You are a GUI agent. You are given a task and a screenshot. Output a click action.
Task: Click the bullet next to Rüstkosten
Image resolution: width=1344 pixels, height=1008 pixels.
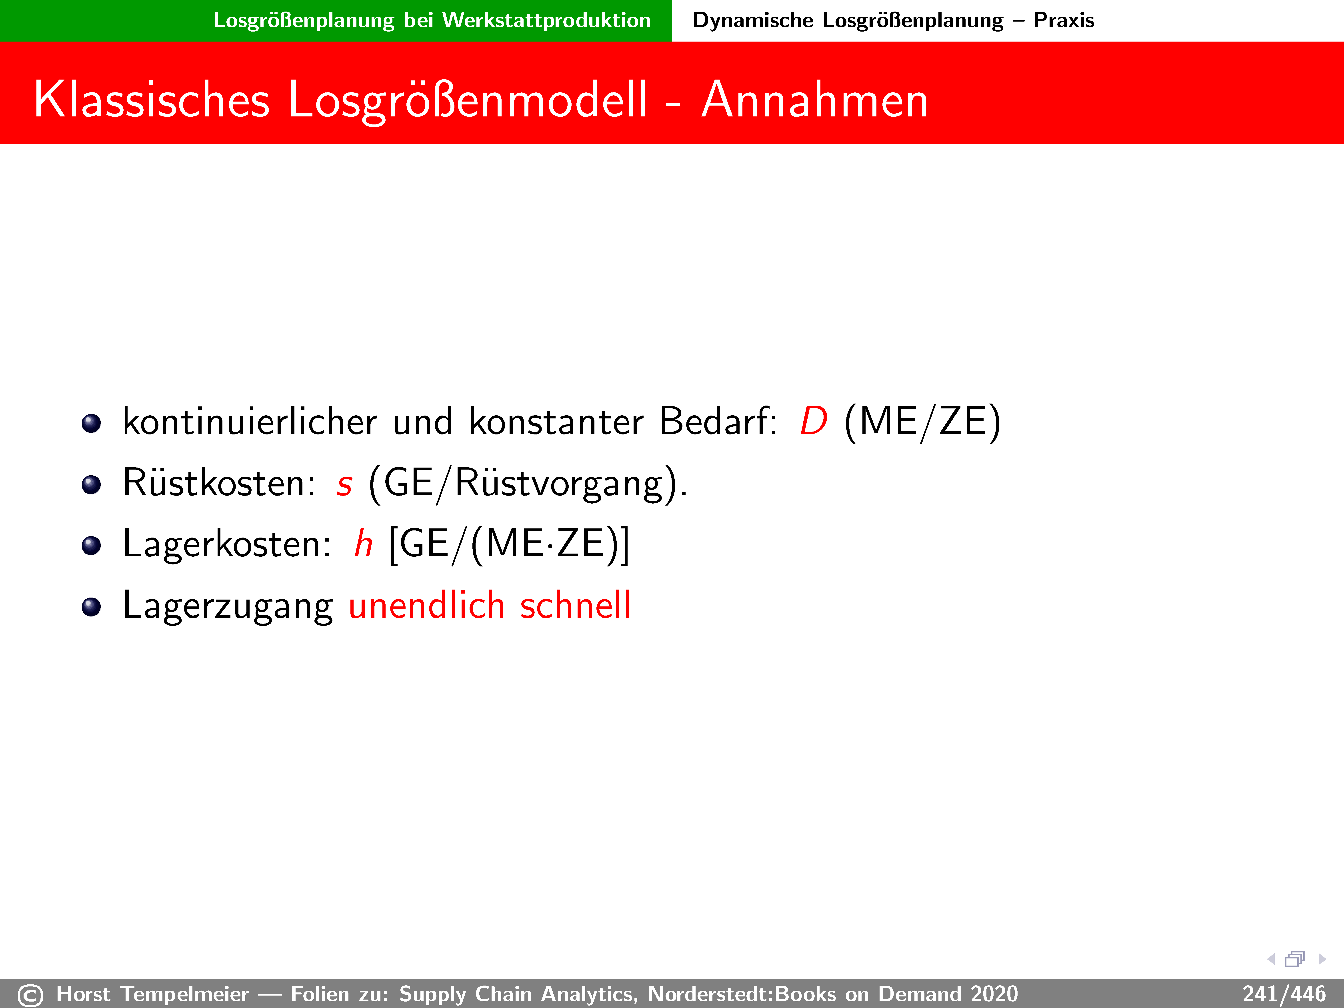coord(91,485)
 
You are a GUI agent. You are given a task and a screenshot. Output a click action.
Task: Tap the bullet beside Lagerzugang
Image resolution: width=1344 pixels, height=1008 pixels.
coord(91,607)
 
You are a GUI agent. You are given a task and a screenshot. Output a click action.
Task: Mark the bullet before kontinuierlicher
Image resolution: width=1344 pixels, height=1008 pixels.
coord(91,424)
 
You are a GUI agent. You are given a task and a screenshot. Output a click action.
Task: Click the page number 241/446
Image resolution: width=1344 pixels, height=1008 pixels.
coord(1284,994)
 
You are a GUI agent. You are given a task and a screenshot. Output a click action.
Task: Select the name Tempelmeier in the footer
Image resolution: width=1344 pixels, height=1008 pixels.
coord(185,994)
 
